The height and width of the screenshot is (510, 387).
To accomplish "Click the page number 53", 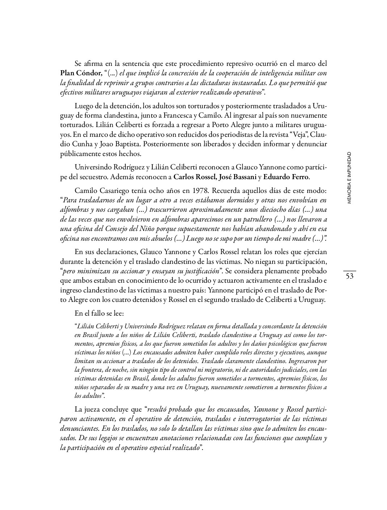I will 349,276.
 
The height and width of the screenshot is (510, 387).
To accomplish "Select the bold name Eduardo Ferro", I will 286,177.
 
